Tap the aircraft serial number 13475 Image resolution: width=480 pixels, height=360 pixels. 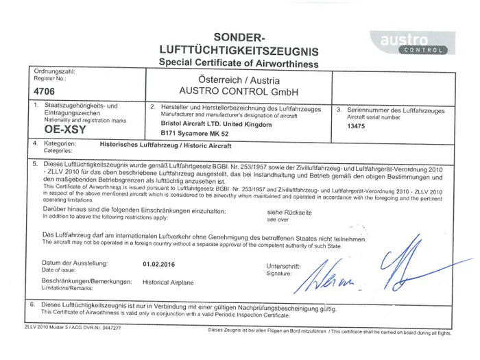[357, 126]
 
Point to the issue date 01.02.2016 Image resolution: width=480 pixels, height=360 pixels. [159, 263]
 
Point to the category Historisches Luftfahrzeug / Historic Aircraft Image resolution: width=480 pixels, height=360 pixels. [165, 146]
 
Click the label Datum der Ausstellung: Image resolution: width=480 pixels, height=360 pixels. [75, 263]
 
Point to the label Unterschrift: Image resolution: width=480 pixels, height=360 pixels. [283, 266]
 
